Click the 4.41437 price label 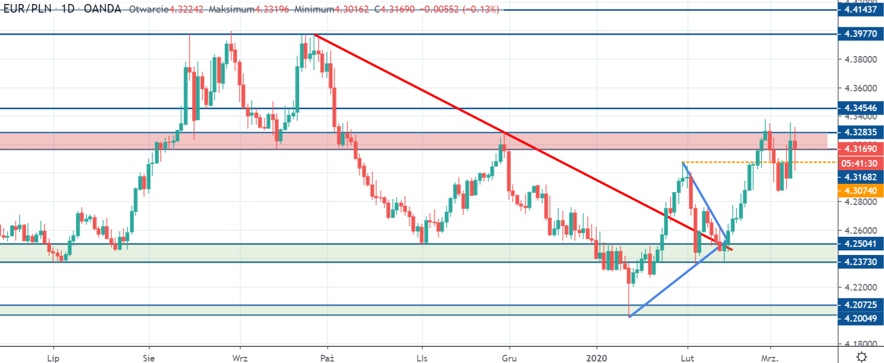pyautogui.click(x=861, y=10)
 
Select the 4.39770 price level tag pyautogui.click(x=861, y=34)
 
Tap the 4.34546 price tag pyautogui.click(x=861, y=108)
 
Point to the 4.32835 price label pyautogui.click(x=861, y=132)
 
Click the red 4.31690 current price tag pyautogui.click(x=861, y=149)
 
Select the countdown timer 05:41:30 pyautogui.click(x=861, y=163)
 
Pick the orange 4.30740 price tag pyautogui.click(x=861, y=190)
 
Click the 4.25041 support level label pyautogui.click(x=861, y=244)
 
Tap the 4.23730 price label pyautogui.click(x=861, y=262)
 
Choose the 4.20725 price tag pyautogui.click(x=861, y=305)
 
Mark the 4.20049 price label pyautogui.click(x=861, y=318)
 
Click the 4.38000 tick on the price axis pyautogui.click(x=861, y=60)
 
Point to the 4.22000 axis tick pyautogui.click(x=861, y=287)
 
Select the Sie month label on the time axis pyautogui.click(x=149, y=358)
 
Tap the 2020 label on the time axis pyautogui.click(x=596, y=358)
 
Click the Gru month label pyautogui.click(x=509, y=358)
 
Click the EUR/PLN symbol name pyautogui.click(x=27, y=9)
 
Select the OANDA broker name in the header pyautogui.click(x=103, y=9)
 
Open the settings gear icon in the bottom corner pyautogui.click(x=862, y=357)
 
